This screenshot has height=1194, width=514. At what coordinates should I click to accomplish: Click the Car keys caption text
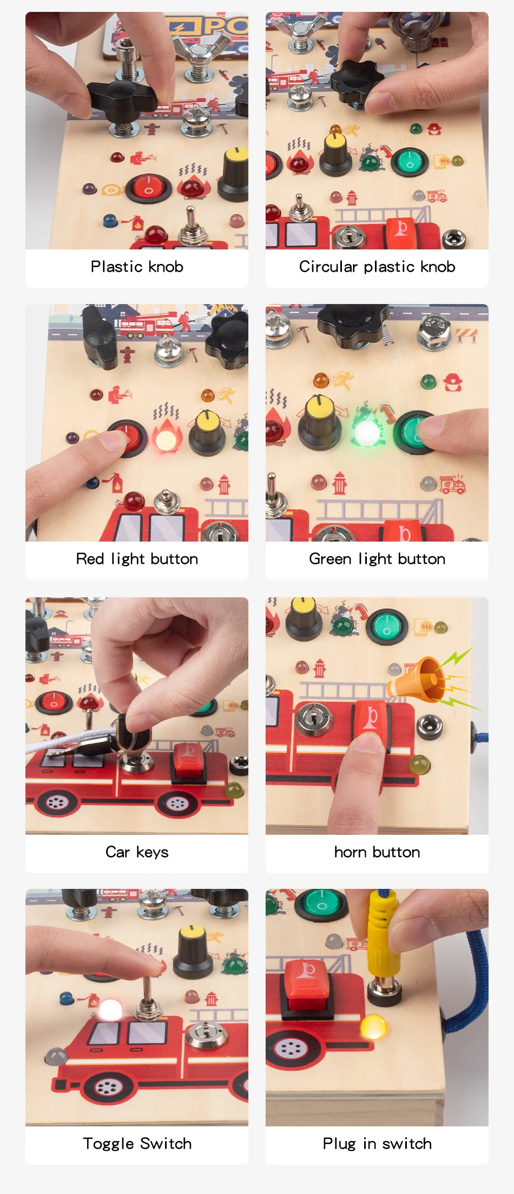point(137,852)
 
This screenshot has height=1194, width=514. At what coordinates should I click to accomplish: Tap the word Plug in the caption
point(339,1144)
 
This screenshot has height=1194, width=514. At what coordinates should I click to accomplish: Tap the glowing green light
point(367,431)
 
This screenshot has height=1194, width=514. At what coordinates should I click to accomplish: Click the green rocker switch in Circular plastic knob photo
point(410,161)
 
